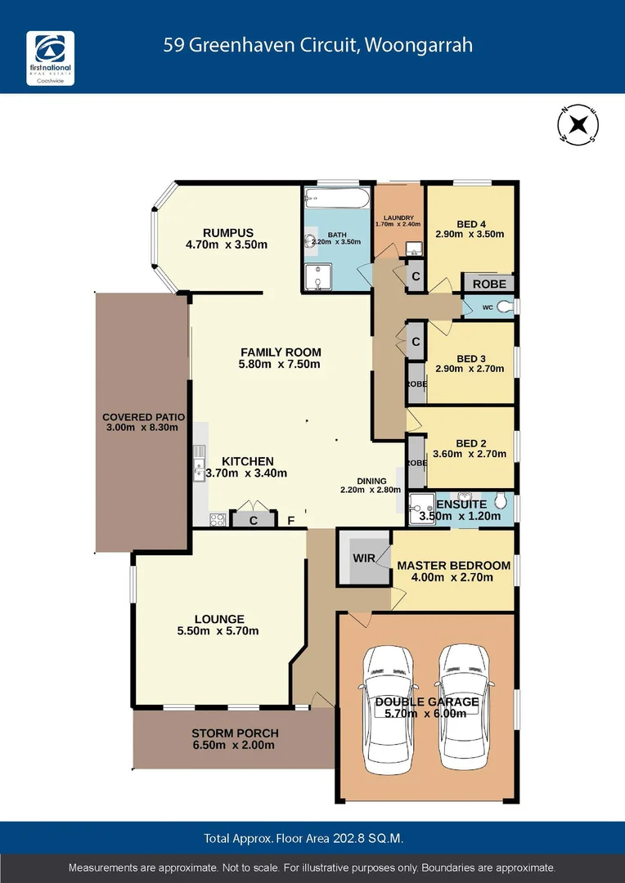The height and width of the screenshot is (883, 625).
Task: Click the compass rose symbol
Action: click(x=578, y=125)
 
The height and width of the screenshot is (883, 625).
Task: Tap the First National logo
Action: click(x=51, y=59)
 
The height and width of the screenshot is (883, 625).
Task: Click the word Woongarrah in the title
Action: click(x=420, y=45)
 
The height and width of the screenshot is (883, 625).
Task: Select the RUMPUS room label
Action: click(x=228, y=232)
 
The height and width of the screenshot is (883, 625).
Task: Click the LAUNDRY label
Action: click(x=398, y=217)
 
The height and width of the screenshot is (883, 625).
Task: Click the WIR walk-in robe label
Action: click(x=363, y=558)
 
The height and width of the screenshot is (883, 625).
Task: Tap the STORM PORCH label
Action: click(x=235, y=733)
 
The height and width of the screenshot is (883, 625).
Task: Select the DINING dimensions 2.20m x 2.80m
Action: click(x=371, y=490)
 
